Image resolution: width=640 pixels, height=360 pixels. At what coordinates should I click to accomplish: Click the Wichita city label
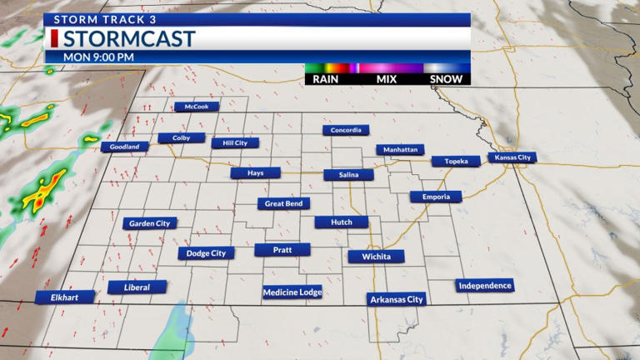[376, 257]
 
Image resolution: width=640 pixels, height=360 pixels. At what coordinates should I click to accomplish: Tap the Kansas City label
[512, 157]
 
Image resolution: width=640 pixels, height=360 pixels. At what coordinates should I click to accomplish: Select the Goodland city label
[125, 147]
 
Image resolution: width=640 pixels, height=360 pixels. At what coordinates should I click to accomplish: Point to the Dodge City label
[206, 253]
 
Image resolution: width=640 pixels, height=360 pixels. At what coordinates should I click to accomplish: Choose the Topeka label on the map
[456, 161]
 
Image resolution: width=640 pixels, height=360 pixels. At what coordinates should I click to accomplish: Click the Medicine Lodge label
[292, 292]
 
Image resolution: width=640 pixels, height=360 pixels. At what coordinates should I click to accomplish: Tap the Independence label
[485, 286]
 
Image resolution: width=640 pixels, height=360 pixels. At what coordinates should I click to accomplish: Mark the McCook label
[197, 107]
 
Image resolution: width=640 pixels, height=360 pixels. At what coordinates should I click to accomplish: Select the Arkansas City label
[397, 299]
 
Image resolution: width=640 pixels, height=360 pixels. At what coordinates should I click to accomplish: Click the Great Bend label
[283, 203]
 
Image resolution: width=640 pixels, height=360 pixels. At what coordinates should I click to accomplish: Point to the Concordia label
[346, 130]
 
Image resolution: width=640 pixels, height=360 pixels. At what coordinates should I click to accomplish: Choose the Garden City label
[149, 223]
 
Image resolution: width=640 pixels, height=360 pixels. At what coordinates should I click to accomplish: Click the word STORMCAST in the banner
[129, 39]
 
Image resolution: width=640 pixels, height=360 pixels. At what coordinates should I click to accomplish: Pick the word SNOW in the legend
[447, 79]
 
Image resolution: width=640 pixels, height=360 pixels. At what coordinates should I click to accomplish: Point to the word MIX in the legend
[385, 79]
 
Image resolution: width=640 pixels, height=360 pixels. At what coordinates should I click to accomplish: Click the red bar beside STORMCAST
[54, 39]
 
